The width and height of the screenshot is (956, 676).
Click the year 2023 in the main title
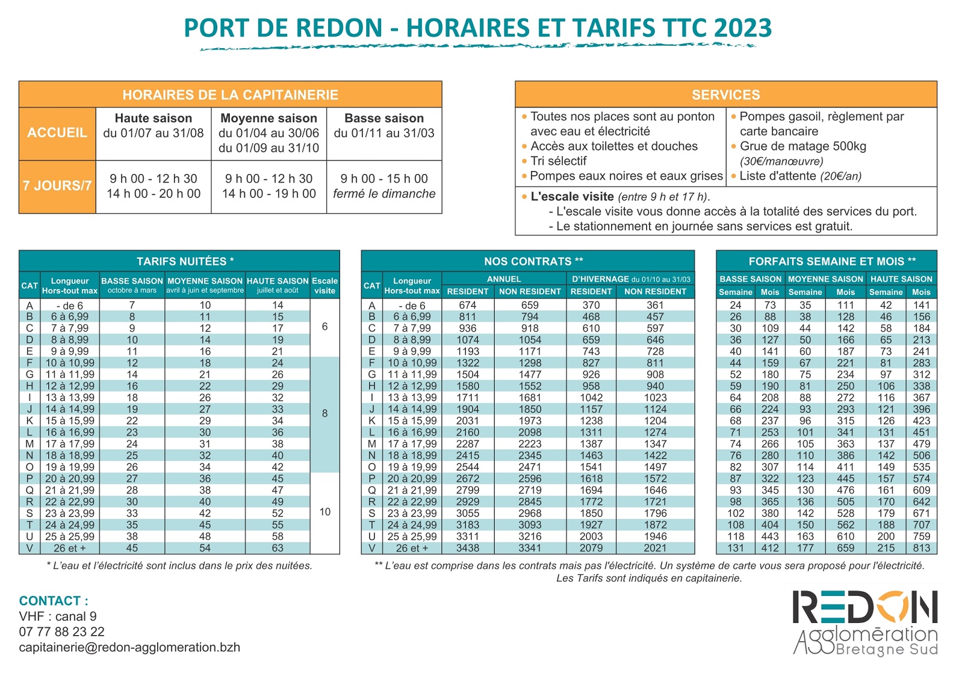742,28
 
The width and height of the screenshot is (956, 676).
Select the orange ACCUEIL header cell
57,133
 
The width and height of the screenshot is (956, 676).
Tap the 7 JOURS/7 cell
57,186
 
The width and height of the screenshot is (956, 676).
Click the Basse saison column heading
384,119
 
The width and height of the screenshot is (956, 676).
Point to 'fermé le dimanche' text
384,194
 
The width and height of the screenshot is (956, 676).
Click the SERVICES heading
725,95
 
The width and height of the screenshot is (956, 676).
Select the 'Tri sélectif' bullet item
558,161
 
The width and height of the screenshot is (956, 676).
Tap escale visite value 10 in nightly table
324,512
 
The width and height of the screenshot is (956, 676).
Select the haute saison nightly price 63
277,548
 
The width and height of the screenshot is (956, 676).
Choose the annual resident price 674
467,305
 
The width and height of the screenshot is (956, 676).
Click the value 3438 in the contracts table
467,548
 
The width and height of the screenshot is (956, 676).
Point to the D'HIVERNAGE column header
630,279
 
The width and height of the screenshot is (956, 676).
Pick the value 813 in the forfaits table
921,548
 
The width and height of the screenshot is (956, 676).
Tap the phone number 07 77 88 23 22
62,631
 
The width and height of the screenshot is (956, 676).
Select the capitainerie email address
129,647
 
